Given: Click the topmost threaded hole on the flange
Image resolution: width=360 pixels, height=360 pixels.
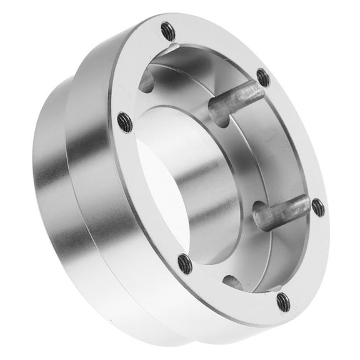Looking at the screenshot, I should [x=167, y=29].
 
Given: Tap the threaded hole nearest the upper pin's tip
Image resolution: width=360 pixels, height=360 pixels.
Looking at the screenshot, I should [x=263, y=78].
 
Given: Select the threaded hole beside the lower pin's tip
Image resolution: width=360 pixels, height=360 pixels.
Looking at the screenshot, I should [x=318, y=207].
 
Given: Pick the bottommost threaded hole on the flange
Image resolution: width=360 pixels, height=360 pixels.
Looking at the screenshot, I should [x=283, y=302].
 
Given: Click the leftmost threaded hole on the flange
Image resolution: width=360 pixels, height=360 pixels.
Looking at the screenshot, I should [x=125, y=122].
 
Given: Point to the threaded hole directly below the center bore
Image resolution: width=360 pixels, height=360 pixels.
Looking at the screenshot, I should [x=185, y=263].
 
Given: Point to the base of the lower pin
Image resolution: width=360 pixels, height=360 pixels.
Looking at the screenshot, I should [x=261, y=220].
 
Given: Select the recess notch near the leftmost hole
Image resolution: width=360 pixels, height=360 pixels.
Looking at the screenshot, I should [x=145, y=81].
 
